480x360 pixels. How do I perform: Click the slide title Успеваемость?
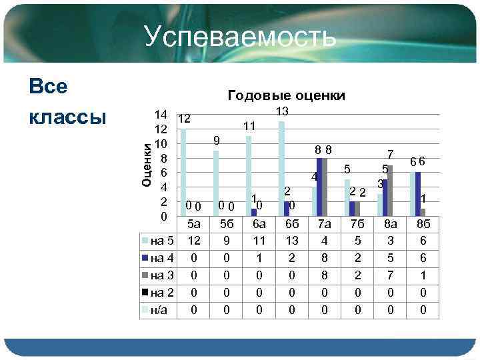[239, 37]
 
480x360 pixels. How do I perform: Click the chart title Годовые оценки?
[286, 95]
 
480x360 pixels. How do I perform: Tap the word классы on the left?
[68, 116]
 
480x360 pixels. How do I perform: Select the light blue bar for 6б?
[282, 168]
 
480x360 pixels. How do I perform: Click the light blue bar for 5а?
[183, 172]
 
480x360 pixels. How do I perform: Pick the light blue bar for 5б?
[216, 183]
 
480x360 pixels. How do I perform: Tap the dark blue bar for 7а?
[320, 187]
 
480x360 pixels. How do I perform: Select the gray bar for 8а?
[391, 190]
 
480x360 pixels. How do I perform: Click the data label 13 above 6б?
[282, 111]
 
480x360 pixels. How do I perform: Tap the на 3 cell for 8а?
[391, 275]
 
